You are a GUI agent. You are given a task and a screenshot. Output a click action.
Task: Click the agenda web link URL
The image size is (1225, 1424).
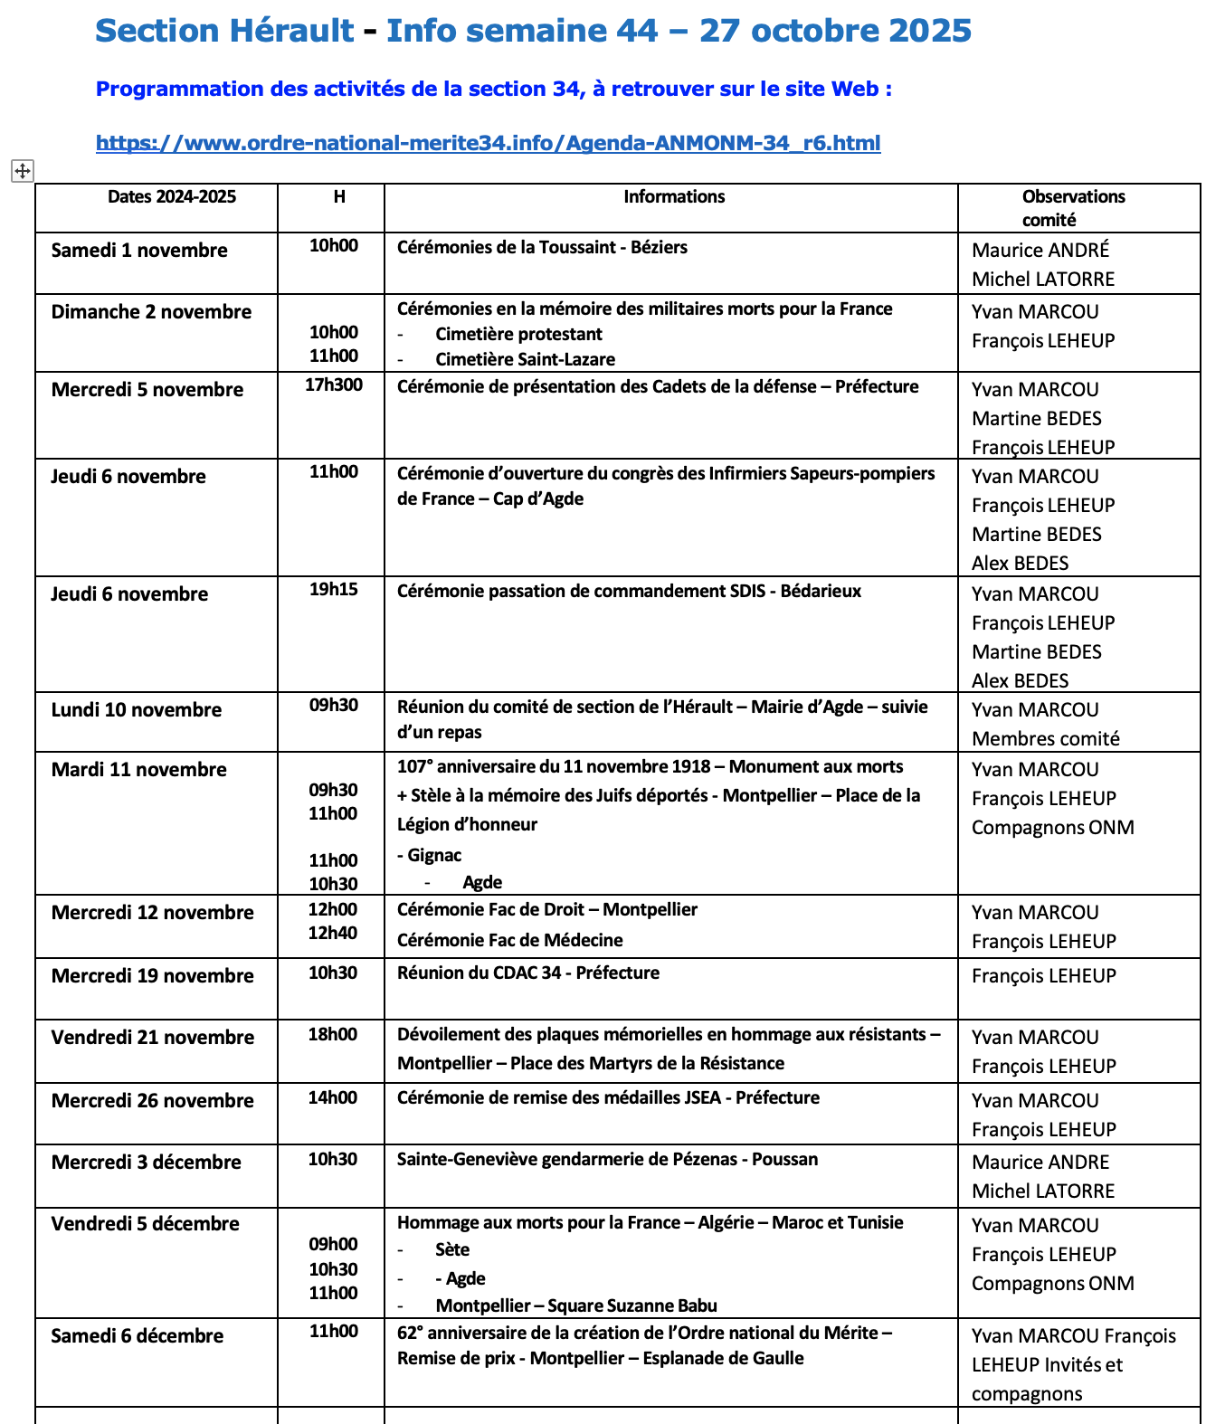tap(488, 143)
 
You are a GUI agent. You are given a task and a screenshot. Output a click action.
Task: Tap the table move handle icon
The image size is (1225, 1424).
tap(23, 170)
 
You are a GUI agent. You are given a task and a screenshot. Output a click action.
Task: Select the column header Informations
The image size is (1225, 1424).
tap(674, 197)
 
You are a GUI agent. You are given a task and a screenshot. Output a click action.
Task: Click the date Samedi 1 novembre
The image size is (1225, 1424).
tap(139, 251)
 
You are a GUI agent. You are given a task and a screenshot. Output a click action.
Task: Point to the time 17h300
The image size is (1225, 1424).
tap(333, 385)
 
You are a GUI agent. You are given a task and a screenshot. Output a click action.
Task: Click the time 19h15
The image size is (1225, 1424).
tap(333, 590)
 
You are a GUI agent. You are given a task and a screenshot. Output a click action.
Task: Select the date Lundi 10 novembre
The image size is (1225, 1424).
tap(137, 710)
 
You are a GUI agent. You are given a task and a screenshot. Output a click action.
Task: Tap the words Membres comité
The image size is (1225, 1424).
tap(1045, 739)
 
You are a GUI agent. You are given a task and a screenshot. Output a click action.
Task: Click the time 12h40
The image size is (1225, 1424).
tap(333, 934)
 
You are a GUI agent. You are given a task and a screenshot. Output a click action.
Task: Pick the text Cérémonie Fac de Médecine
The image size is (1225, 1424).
tap(509, 941)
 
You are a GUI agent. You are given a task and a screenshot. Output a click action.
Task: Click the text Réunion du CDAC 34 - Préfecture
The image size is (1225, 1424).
tap(528, 973)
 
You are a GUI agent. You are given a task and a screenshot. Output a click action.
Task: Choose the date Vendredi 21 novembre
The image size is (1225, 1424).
tap(153, 1038)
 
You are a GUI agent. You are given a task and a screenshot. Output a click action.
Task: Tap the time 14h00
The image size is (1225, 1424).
tap(333, 1098)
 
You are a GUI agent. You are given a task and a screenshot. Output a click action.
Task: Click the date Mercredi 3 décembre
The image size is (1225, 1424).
tap(147, 1163)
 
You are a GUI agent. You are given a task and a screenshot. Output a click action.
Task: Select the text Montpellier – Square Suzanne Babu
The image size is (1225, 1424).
tap(576, 1305)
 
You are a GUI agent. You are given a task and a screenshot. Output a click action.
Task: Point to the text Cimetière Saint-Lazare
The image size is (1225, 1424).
tap(525, 359)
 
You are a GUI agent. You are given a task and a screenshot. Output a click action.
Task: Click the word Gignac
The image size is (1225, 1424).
tap(434, 856)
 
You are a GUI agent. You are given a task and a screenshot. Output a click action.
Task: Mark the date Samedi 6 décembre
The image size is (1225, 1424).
tap(138, 1336)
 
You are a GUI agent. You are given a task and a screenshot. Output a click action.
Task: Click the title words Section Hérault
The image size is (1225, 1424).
tap(224, 31)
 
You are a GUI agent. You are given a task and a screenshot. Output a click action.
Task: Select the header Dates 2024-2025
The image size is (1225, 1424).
tap(172, 197)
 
